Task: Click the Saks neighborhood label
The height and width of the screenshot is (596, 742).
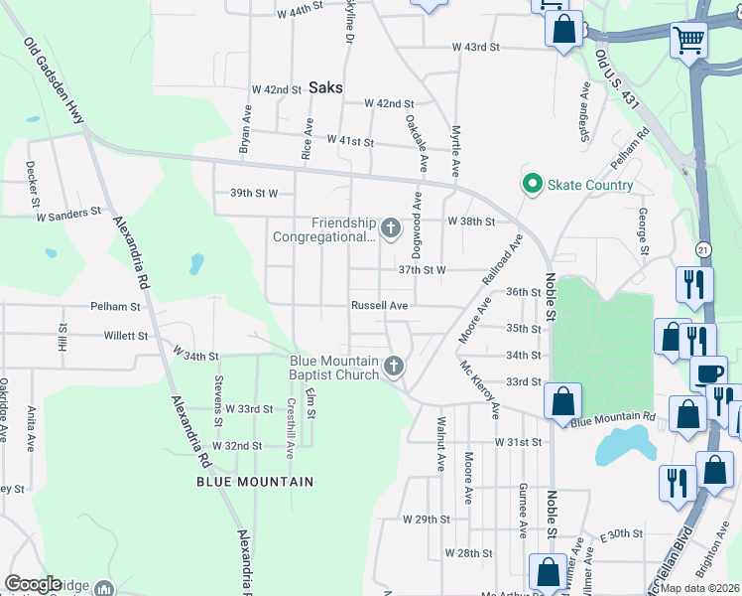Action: tap(325, 87)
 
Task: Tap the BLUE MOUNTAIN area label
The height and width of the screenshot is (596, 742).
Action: tap(255, 482)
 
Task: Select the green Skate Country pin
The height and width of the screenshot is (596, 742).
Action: tap(533, 185)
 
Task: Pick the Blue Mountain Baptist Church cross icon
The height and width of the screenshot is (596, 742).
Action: tap(394, 368)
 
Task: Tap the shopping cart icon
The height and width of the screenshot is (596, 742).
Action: tap(688, 41)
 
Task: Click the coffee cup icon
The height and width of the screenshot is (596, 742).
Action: tap(708, 373)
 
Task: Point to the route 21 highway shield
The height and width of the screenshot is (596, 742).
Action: tap(704, 247)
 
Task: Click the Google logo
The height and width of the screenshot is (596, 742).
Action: tap(34, 584)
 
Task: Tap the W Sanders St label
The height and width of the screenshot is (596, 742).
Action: tap(68, 213)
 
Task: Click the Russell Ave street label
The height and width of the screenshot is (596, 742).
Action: tap(380, 306)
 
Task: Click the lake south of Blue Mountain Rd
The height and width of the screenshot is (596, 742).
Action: tap(623, 446)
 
